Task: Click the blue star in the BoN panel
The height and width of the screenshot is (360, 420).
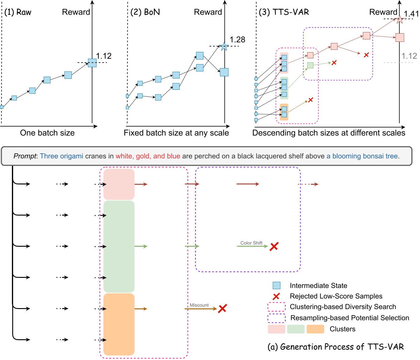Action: click(x=224, y=46)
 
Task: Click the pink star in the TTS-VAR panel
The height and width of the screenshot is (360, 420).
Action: click(x=399, y=20)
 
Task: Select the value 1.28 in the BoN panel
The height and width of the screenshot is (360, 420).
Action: click(x=237, y=40)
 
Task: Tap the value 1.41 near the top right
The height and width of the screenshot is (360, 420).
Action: click(x=411, y=14)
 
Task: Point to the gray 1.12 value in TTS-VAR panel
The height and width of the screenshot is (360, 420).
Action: click(x=409, y=56)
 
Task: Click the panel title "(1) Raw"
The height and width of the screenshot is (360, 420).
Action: click(x=18, y=12)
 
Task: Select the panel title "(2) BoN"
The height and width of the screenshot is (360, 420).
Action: click(x=145, y=12)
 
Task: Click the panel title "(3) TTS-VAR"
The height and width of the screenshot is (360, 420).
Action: click(x=284, y=12)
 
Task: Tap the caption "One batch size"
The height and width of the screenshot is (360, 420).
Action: click(x=47, y=133)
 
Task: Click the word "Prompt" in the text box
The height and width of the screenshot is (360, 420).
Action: click(x=25, y=156)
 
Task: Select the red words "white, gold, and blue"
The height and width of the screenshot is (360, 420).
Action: click(x=148, y=156)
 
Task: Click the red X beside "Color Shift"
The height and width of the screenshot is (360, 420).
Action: click(x=274, y=246)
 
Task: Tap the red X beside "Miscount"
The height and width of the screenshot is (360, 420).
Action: click(x=222, y=308)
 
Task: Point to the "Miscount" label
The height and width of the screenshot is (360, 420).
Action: click(x=199, y=305)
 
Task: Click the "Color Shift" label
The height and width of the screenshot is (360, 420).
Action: click(x=251, y=243)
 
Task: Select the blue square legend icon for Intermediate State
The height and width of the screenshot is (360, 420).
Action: click(x=276, y=285)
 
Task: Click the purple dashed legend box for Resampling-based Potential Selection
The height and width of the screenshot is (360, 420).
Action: click(x=276, y=318)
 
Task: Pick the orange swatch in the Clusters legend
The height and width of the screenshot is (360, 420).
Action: click(x=315, y=329)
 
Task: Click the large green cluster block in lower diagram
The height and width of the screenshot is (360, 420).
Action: click(x=119, y=246)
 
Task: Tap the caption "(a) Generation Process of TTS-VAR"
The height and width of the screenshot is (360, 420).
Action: click(x=336, y=347)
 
